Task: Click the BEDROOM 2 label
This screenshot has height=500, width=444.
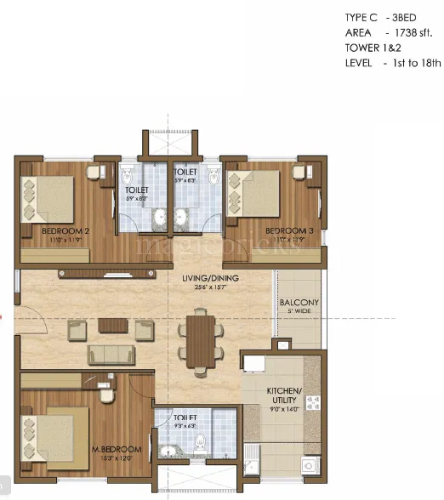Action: click(x=65, y=230)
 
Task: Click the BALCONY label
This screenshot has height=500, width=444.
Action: click(x=299, y=302)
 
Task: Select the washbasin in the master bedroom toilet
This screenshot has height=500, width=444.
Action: click(x=168, y=452)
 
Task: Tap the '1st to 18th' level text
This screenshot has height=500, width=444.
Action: click(x=407, y=62)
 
